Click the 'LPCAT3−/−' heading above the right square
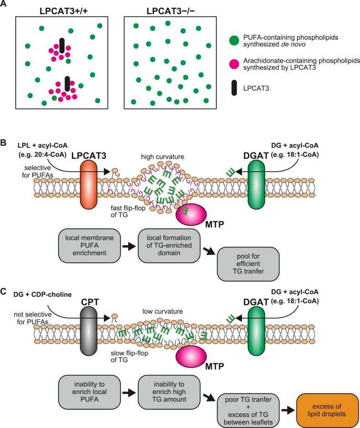[167, 8]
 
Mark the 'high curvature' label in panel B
[163, 157]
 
